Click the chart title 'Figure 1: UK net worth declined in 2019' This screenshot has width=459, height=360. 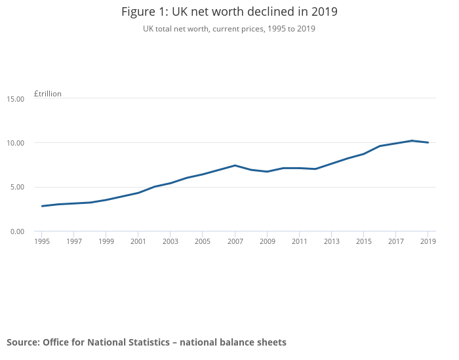click(229, 12)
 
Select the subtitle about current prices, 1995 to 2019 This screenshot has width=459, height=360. click(229, 29)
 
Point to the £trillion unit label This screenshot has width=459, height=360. click(48, 94)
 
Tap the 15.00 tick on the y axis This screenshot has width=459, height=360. click(15, 98)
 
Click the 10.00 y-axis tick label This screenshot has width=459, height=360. click(15, 143)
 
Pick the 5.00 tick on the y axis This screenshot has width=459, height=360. click(16, 187)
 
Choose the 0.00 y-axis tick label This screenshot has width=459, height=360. click(16, 231)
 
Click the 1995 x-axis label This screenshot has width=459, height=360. click(42, 241)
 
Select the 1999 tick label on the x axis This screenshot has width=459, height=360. click(106, 241)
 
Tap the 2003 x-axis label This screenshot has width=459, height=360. click(170, 241)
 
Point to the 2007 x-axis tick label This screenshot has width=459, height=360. click(235, 241)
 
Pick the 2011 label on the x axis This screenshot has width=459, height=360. click(299, 241)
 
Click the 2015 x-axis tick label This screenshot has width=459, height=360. click(363, 241)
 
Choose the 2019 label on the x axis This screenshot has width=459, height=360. click(428, 241)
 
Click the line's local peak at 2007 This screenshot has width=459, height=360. click(235, 165)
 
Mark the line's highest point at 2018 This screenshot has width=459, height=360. click(412, 140)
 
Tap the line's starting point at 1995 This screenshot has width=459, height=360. click(42, 206)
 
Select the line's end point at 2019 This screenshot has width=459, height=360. click(428, 142)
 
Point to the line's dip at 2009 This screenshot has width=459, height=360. click(267, 172)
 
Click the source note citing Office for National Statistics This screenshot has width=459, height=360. click(146, 342)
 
